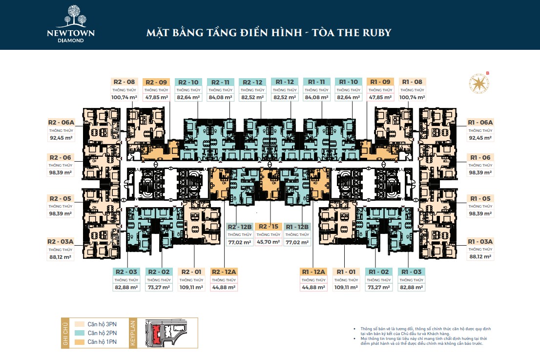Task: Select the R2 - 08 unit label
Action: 124,82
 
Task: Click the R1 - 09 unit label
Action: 380,82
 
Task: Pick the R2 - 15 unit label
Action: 269,227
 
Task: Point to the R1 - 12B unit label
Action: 297,227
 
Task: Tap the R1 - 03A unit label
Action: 480,241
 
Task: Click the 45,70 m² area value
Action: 269,242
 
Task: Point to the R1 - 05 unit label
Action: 480,198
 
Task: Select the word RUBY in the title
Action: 374,33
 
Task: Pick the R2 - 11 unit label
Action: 220,82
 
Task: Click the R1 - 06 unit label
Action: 480,157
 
